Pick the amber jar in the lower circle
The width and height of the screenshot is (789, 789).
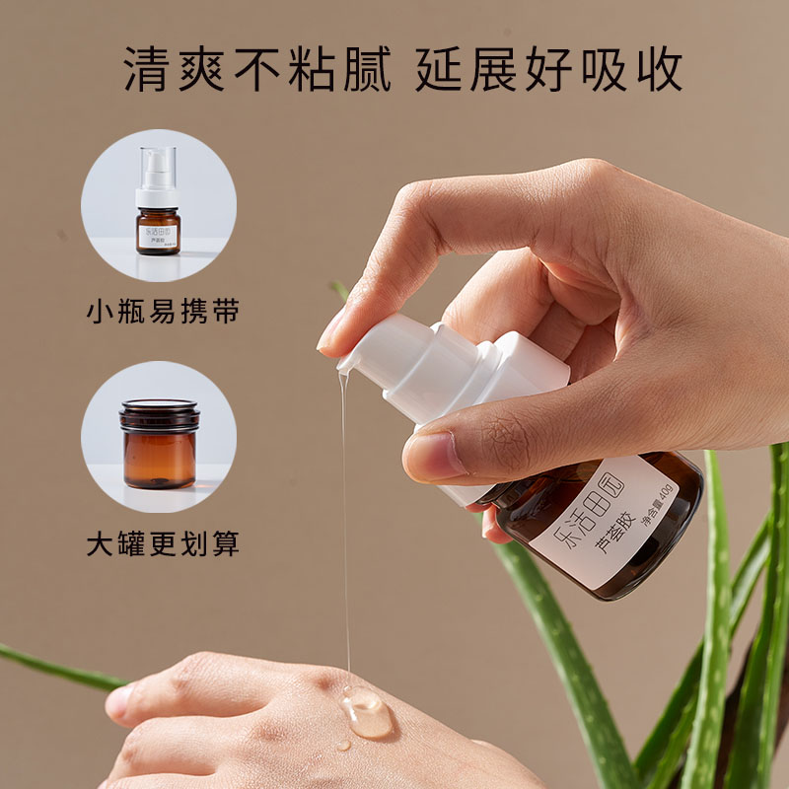tap(160, 446)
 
